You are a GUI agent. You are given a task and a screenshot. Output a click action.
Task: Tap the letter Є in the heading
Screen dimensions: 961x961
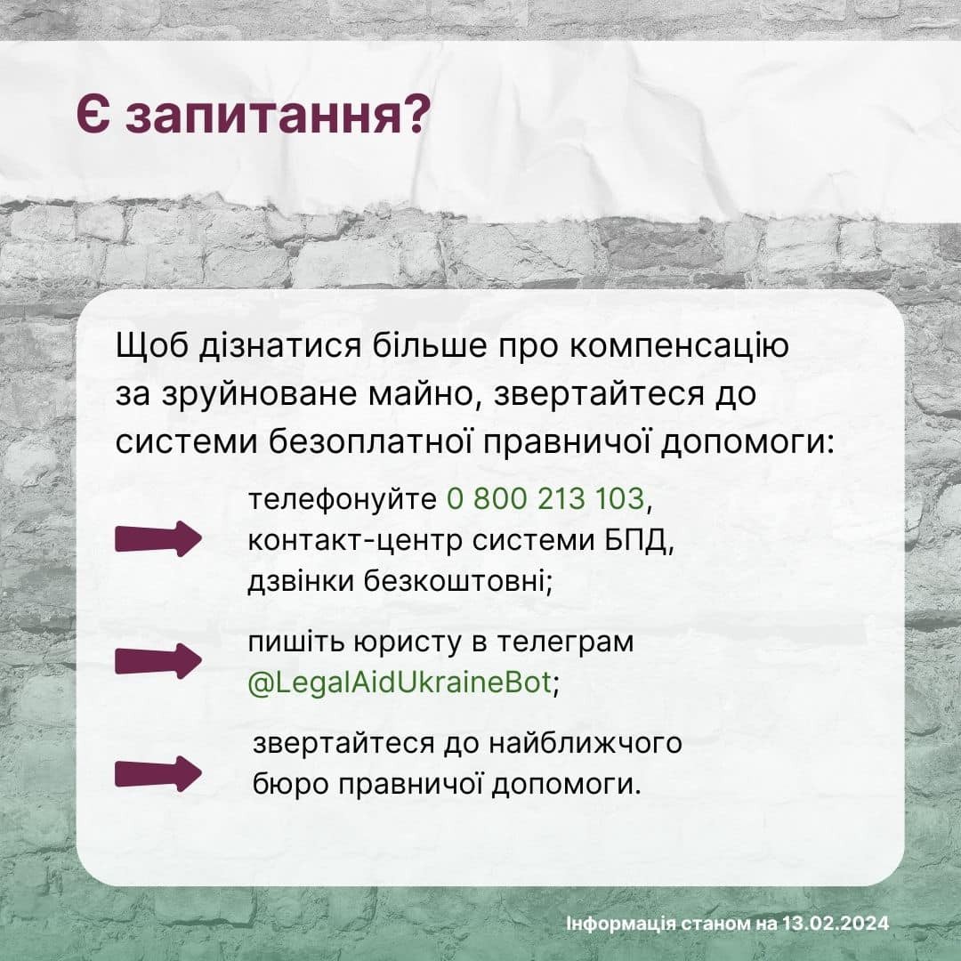tap(93, 114)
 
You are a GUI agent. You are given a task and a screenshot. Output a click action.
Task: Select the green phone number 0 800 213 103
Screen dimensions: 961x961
tap(545, 499)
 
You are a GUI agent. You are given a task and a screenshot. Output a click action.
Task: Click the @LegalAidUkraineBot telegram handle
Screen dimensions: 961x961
tap(400, 682)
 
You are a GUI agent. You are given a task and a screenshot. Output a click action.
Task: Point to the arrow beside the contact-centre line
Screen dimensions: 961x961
tap(158, 538)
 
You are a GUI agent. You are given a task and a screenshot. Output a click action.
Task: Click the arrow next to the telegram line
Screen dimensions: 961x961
tap(158, 661)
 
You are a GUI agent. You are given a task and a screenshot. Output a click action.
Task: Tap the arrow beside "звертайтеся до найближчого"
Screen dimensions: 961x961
tap(158, 773)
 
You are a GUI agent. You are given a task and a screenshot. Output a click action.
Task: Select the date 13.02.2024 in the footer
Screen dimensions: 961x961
tap(836, 923)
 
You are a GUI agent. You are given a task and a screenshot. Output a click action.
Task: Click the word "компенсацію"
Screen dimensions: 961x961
tap(679, 347)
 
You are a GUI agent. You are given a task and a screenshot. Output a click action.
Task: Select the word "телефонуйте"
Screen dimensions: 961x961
tap(342, 499)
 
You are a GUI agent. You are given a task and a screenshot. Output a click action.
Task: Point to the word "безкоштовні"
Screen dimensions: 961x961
tap(458, 580)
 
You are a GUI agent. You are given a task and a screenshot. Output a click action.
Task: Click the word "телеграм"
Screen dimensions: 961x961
tap(564, 642)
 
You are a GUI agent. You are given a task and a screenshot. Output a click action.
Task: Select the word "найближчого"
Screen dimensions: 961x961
tap(585, 743)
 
